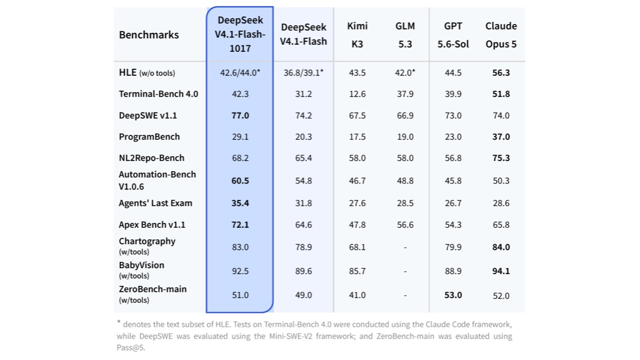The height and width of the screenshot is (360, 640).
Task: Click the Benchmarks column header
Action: point(149,35)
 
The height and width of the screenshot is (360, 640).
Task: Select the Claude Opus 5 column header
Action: point(501,35)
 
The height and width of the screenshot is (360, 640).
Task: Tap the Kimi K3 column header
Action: point(357,35)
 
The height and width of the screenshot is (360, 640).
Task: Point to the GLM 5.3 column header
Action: point(405,35)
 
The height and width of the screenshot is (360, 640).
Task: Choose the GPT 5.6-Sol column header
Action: point(453,35)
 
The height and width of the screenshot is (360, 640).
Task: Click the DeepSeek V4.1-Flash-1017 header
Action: point(240,34)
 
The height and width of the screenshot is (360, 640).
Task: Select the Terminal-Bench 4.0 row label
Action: point(158,94)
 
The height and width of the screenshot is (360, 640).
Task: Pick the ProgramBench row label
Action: point(149,137)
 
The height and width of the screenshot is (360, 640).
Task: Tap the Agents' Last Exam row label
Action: point(156,203)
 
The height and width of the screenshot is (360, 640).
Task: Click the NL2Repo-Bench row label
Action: point(151,158)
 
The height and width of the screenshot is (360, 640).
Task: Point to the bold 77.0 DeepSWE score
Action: point(241,115)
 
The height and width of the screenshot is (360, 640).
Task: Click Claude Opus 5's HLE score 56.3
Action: point(501,73)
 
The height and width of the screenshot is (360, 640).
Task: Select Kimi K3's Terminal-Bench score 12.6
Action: point(357,94)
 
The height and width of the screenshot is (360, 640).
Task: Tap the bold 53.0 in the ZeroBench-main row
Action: point(453,295)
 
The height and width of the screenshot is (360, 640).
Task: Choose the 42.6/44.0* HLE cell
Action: point(240,73)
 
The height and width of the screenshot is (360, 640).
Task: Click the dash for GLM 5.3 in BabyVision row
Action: point(405,271)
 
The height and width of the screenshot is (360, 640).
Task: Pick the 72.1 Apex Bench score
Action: point(241,225)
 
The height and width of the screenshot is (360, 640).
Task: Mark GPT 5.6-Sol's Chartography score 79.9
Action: point(453,247)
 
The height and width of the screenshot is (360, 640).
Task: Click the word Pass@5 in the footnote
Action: point(131,348)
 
